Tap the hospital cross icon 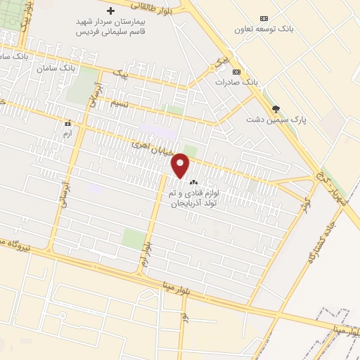(110, 11)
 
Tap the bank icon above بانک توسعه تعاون (264, 18)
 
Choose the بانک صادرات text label (237, 82)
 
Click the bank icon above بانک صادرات (236, 72)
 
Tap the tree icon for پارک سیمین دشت (276, 108)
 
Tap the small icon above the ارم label (67, 122)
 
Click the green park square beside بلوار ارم (132, 238)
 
